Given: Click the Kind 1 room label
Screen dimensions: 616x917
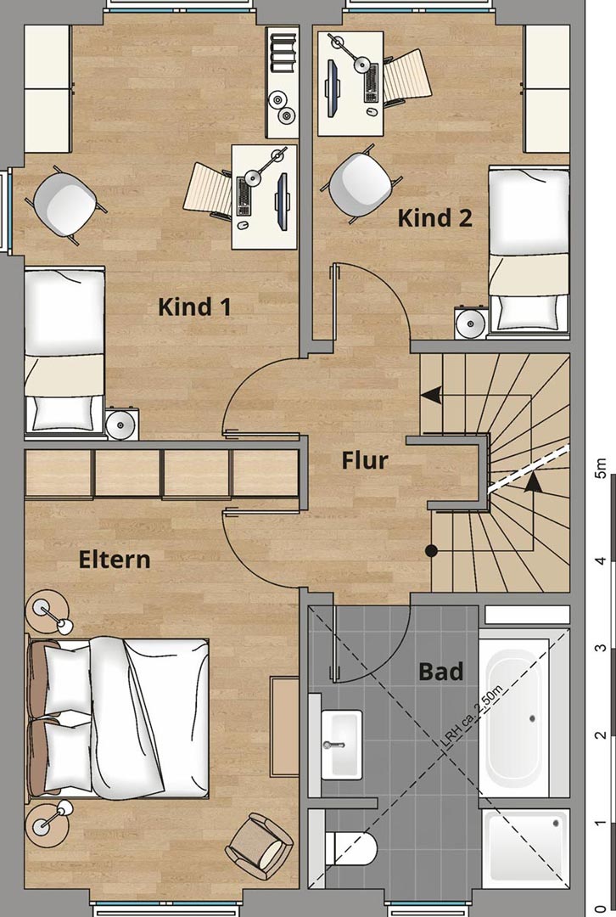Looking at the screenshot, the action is point(194,307).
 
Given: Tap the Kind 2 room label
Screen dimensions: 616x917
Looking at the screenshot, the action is point(434,218).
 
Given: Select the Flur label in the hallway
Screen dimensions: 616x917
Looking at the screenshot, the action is point(365,460).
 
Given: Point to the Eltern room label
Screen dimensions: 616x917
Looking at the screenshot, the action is point(115,560).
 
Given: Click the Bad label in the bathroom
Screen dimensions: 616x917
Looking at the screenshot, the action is point(440,672).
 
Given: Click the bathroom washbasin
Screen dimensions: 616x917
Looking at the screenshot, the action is point(342,744).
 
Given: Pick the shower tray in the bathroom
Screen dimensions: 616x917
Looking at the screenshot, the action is point(527,846).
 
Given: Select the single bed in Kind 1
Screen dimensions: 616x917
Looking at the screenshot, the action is point(64,350).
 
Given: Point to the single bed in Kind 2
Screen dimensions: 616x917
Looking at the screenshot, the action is point(529,251).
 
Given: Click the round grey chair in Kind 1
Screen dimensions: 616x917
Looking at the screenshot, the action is point(65,202).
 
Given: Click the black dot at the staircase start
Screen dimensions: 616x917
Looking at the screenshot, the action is point(431,551).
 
